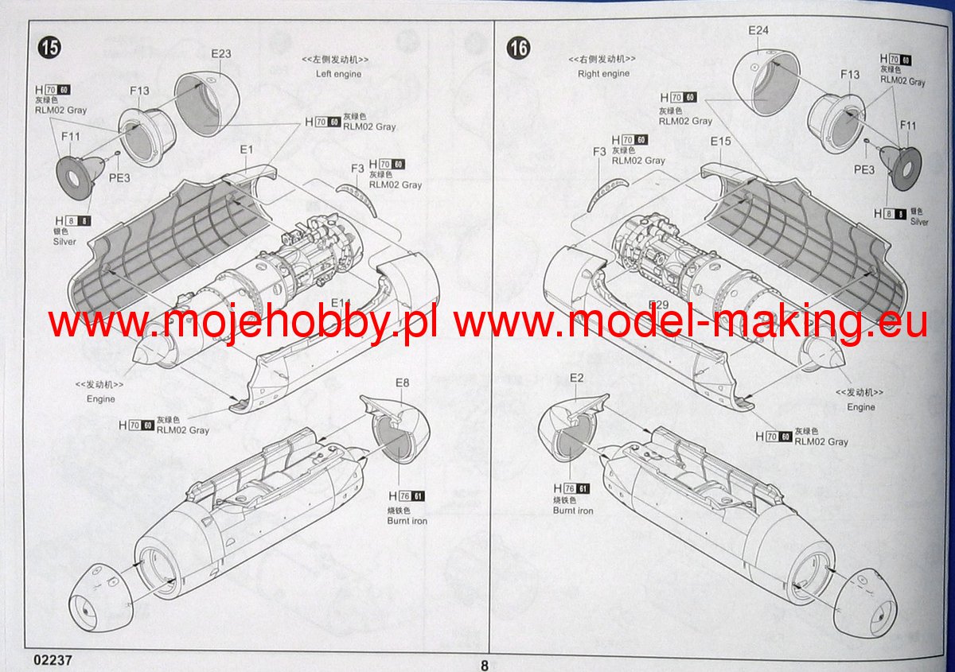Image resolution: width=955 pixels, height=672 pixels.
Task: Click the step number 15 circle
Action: pyautogui.click(x=49, y=48)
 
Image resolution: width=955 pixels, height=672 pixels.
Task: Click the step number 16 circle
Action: pyautogui.click(x=518, y=48)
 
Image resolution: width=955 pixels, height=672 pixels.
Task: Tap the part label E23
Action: pyautogui.click(x=220, y=54)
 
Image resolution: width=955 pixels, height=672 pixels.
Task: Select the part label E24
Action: pyautogui.click(x=758, y=31)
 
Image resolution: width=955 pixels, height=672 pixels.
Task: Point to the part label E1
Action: pyautogui.click(x=246, y=150)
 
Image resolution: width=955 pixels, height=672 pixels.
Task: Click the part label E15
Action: pyautogui.click(x=720, y=142)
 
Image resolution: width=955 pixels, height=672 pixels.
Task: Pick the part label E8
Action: pyautogui.click(x=402, y=383)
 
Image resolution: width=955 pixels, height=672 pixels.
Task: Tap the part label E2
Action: pyautogui.click(x=577, y=377)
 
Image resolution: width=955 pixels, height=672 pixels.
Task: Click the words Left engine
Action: pyautogui.click(x=338, y=74)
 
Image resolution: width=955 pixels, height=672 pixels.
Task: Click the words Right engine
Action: pyautogui.click(x=603, y=74)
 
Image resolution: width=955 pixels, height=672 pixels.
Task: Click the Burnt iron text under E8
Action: pyautogui.click(x=407, y=521)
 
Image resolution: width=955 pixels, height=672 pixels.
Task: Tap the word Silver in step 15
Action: pyautogui.click(x=64, y=241)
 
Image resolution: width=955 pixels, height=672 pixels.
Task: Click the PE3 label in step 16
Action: pyautogui.click(x=864, y=169)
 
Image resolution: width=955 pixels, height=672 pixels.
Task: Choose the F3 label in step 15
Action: pyautogui.click(x=357, y=168)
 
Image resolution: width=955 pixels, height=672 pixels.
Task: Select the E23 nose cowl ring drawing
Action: pyautogui.click(x=203, y=107)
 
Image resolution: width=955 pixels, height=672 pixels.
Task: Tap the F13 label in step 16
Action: pyautogui.click(x=850, y=75)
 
